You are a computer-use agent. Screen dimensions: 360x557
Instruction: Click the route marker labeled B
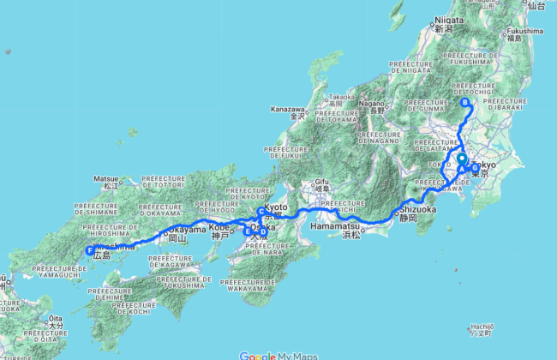coord(465,103)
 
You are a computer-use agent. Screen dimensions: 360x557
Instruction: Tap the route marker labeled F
coord(90,251)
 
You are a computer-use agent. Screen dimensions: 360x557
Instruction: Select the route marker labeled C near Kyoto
coord(261,212)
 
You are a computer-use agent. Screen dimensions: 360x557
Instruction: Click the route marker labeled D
coord(263,231)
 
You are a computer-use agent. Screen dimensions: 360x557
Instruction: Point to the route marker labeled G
coord(476,167)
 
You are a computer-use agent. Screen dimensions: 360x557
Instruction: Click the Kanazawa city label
coord(289,110)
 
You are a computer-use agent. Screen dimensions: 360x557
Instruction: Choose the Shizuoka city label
coord(417,208)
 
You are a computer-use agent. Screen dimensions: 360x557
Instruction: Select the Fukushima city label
coord(525,32)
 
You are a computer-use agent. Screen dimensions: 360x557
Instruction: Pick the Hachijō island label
coord(482,327)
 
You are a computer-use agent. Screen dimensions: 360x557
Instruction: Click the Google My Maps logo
coord(278,356)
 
